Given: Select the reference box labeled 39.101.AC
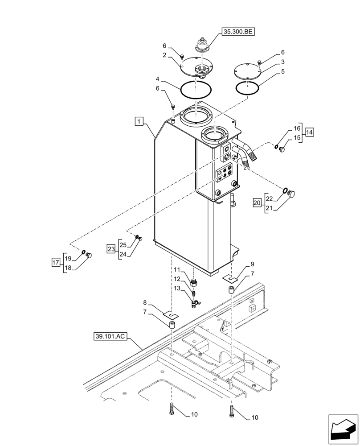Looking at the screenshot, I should click(110, 336).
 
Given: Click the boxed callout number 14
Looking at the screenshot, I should click(309, 132).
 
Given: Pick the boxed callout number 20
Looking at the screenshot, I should click(257, 202).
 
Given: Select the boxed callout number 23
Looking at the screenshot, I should click(111, 249).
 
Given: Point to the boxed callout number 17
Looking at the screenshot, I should click(56, 263).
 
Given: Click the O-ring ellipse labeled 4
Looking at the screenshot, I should click(196, 90).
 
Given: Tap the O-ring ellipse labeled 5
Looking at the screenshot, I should click(247, 88).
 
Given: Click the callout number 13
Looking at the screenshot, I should click(177, 289).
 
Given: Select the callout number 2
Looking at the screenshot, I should click(164, 55).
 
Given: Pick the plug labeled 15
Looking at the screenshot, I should click(282, 150).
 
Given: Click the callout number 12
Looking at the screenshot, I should click(177, 280).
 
